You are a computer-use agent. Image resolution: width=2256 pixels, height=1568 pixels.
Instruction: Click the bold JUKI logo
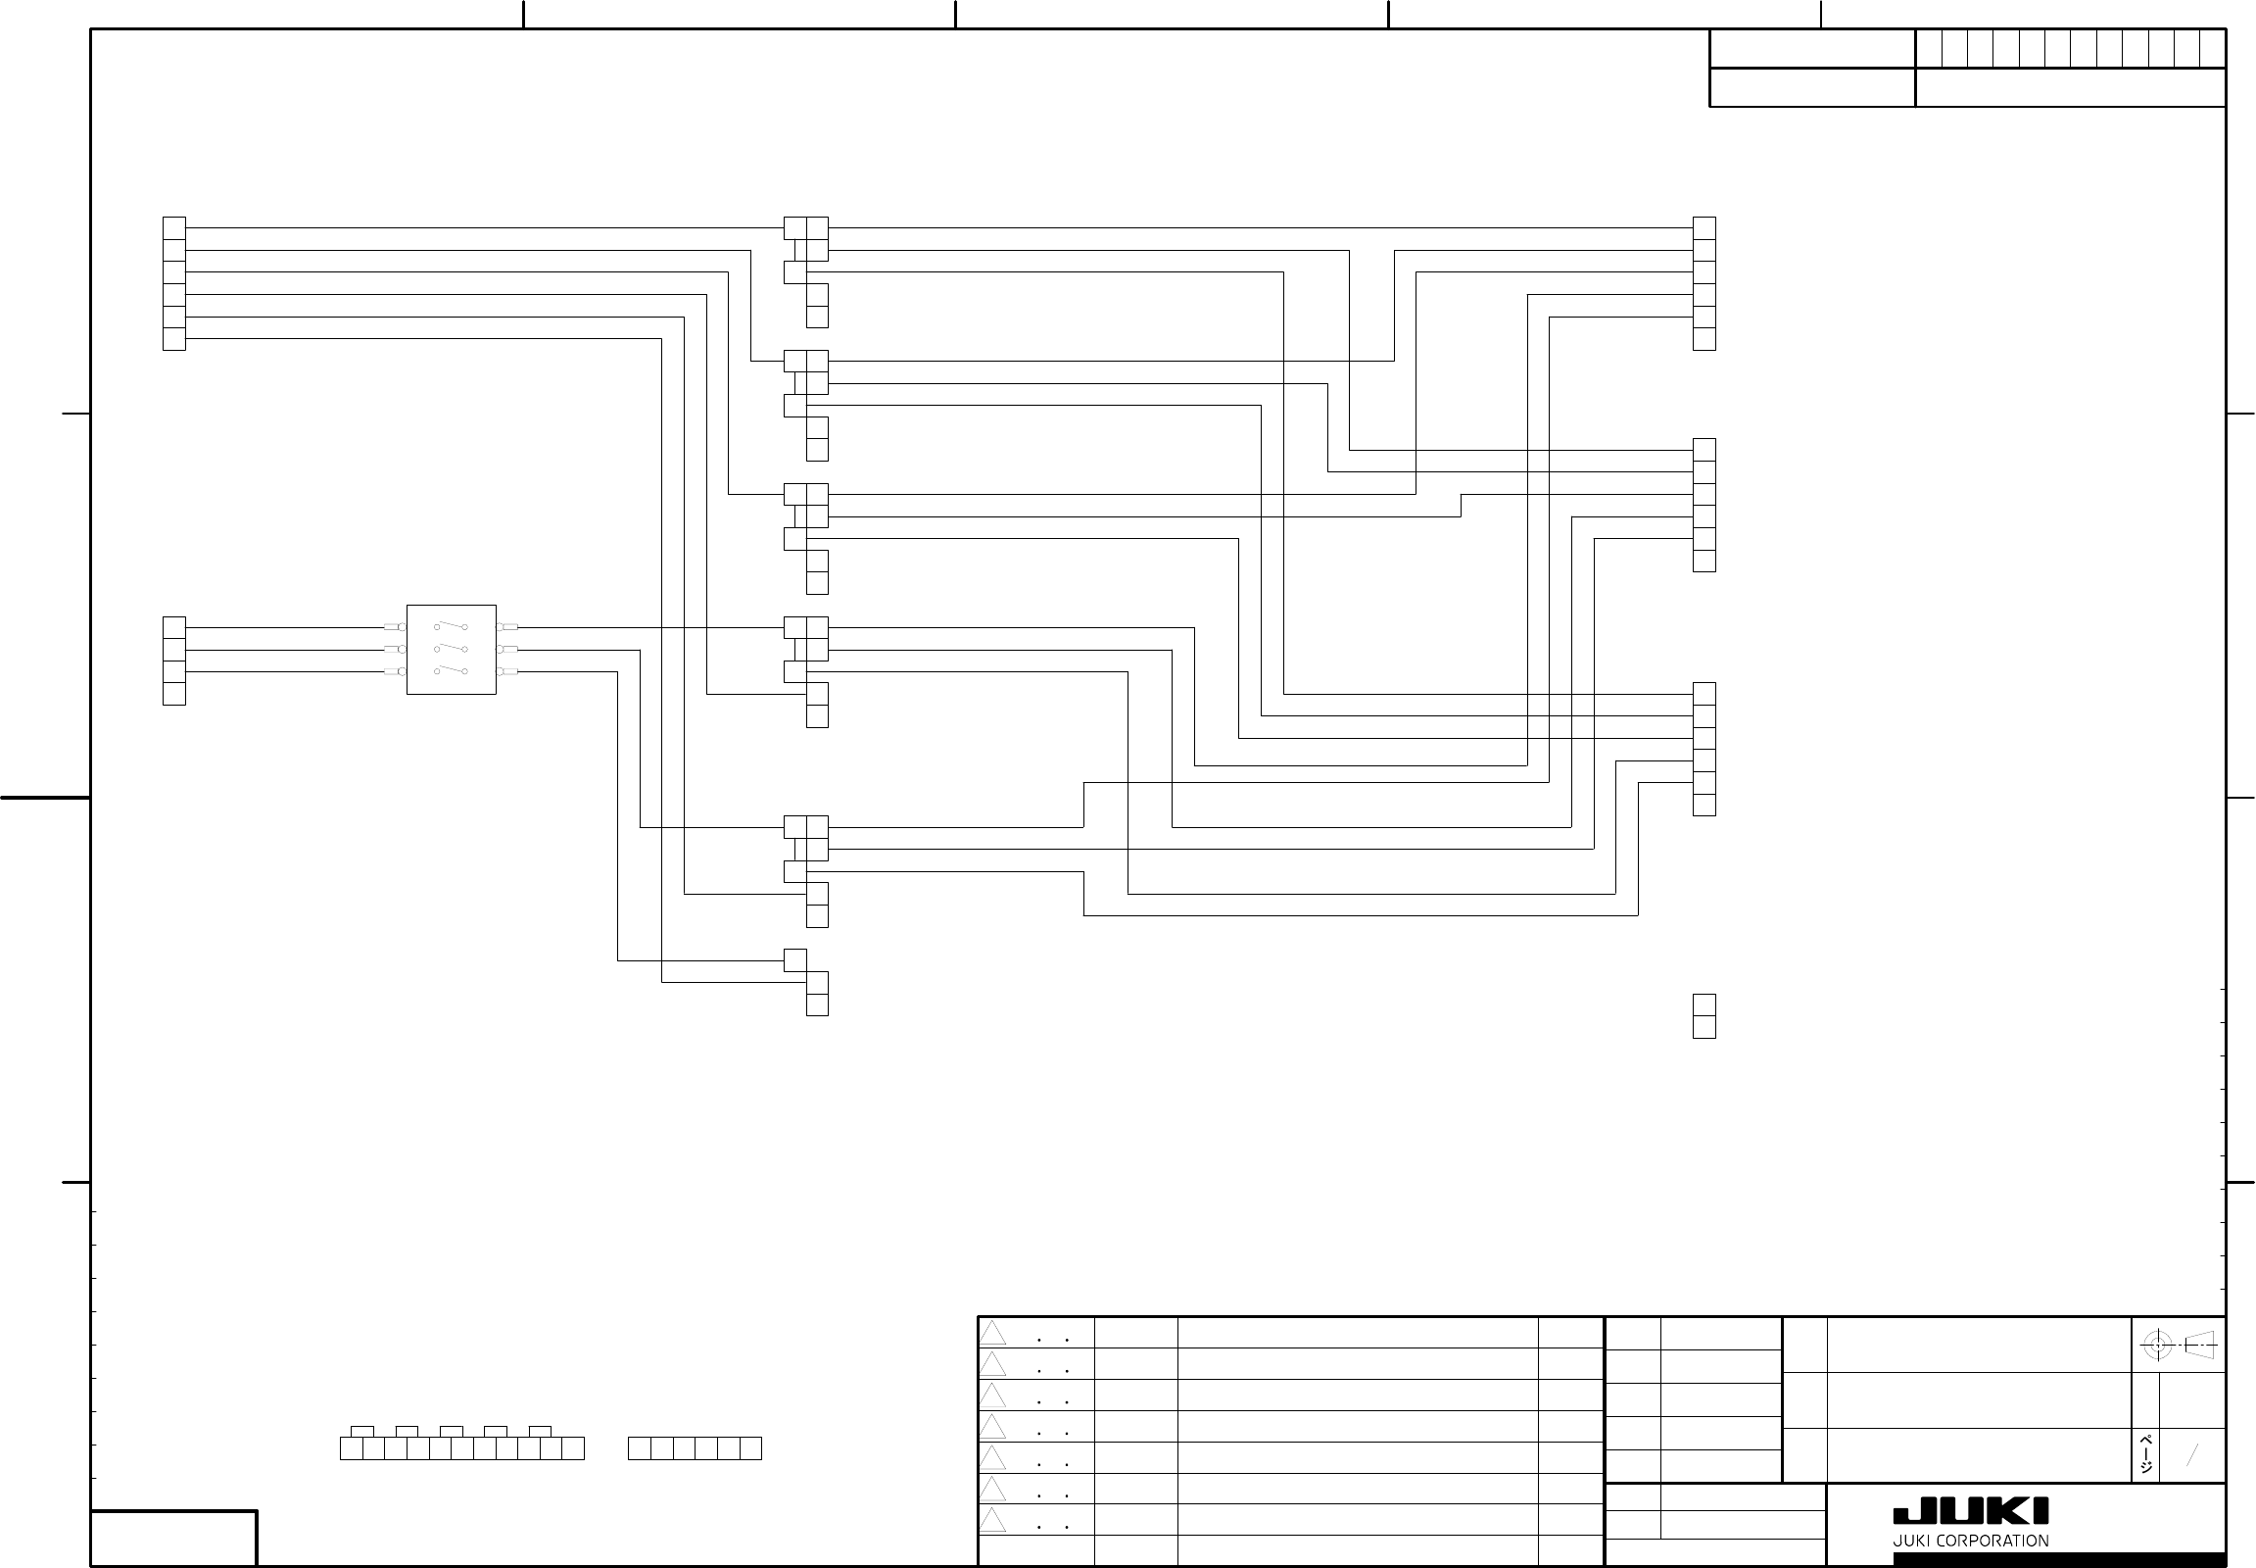[1970, 1512]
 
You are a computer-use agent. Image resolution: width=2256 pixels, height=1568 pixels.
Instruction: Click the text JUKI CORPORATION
[1970, 1541]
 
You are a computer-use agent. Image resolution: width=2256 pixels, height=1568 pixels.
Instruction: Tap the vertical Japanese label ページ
[2147, 1455]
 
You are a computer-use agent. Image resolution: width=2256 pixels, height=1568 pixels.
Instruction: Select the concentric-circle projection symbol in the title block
[2157, 1345]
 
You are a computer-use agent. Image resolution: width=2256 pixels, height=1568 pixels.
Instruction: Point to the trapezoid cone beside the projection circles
[2201, 1345]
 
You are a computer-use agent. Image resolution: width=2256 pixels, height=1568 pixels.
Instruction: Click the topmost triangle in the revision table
[993, 1334]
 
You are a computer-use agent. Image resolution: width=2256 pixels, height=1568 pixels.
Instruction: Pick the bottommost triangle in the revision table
[993, 1521]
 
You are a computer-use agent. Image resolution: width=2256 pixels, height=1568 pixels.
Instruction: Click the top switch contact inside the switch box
[451, 626]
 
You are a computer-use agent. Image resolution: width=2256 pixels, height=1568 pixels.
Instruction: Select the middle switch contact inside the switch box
[451, 649]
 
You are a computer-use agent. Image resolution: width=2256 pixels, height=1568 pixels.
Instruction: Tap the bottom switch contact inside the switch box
[451, 671]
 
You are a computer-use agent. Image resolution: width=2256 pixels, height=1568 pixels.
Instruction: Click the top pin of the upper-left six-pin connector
[173, 228]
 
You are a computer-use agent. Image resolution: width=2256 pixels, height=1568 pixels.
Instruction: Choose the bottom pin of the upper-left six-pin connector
[173, 339]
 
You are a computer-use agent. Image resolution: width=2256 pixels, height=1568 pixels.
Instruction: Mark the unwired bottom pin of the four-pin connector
[173, 694]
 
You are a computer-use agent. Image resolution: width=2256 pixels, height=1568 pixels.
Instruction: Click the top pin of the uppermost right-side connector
[1704, 228]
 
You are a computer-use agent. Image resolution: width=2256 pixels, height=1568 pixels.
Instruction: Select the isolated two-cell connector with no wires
[1704, 1016]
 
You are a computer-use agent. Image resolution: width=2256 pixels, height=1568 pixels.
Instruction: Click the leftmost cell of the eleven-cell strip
[351, 1448]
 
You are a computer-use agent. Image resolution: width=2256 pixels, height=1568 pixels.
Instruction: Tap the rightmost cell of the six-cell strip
[750, 1448]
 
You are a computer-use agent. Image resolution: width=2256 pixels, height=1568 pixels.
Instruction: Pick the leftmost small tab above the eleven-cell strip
[362, 1432]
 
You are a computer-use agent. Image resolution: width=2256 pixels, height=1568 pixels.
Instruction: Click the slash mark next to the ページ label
[2191, 1455]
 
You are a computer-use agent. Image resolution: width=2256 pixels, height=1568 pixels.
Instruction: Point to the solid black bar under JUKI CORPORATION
[2058, 1560]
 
